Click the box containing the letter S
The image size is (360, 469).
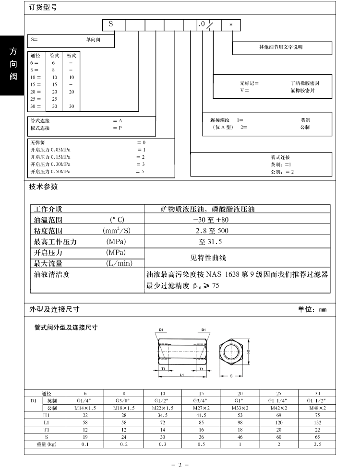(114, 25)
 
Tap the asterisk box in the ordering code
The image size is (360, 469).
(231, 25)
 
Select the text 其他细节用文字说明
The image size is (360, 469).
(281, 47)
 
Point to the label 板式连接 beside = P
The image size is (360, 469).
(40, 128)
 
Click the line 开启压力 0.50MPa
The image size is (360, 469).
(50, 171)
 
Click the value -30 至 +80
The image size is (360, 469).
(211, 220)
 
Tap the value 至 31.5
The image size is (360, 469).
(211, 241)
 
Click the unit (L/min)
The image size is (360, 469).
(119, 263)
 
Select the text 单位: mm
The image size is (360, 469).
(312, 309)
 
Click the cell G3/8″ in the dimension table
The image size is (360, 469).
(123, 400)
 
